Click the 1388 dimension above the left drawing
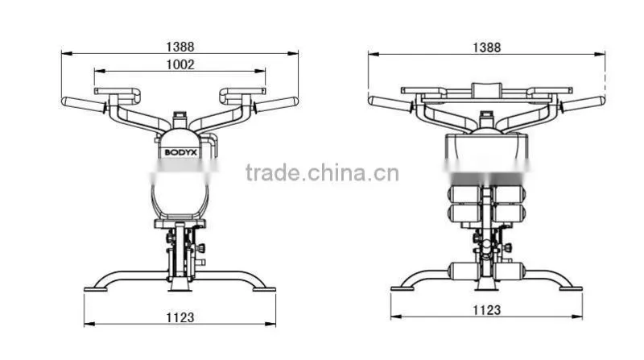pyautogui.click(x=180, y=47)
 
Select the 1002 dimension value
pyautogui.click(x=180, y=64)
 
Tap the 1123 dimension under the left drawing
pyautogui.click(x=180, y=317)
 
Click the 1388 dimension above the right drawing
pyautogui.click(x=487, y=48)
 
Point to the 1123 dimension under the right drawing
pyautogui.click(x=487, y=309)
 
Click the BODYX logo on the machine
pyautogui.click(x=180, y=152)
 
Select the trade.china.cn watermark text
pyautogui.click(x=322, y=172)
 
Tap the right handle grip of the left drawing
pyautogui.click(x=276, y=105)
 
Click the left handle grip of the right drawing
pyautogui.click(x=390, y=104)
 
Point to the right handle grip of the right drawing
pyautogui.click(x=583, y=104)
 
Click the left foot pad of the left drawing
pyautogui.click(x=96, y=289)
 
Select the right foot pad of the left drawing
pyautogui.click(x=264, y=289)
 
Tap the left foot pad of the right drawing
pyautogui.click(x=402, y=289)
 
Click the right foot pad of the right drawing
pyautogui.click(x=571, y=289)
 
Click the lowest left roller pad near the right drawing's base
pyautogui.click(x=464, y=271)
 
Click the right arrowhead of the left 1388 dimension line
pyautogui.click(x=293, y=53)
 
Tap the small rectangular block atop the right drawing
pyautogui.click(x=487, y=90)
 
